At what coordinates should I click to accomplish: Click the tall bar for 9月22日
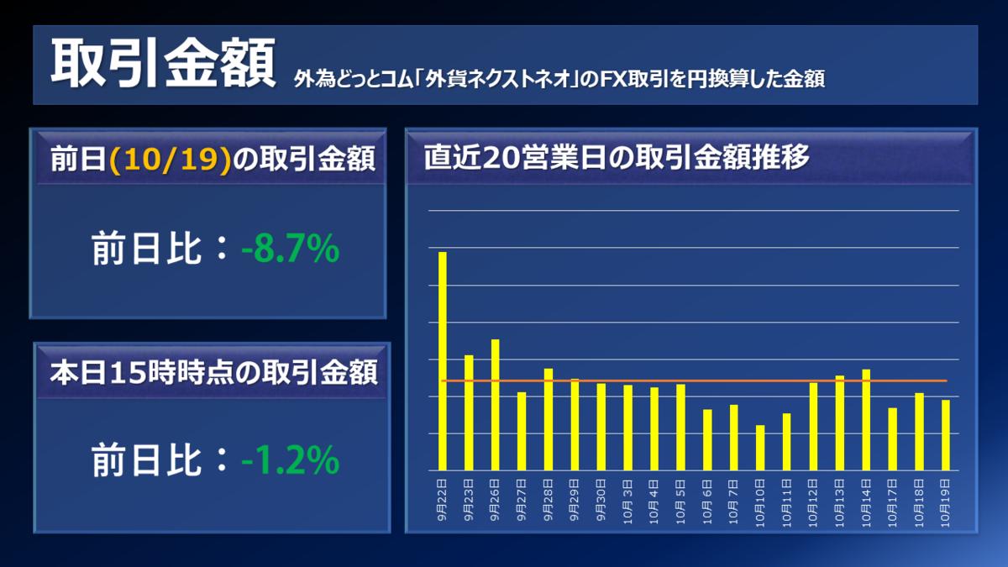443,361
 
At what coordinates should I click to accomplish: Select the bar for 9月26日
496,405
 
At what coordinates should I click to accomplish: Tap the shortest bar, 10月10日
760,448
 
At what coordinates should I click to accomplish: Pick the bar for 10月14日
866,420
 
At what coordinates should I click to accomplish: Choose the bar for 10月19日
946,435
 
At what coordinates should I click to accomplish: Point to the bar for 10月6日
707,439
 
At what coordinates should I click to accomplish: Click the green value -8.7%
290,249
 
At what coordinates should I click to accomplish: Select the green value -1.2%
290,459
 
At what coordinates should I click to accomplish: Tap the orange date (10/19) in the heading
171,160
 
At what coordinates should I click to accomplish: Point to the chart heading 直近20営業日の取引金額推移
617,158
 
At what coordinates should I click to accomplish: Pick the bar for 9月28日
549,419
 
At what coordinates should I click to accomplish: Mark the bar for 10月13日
839,423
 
